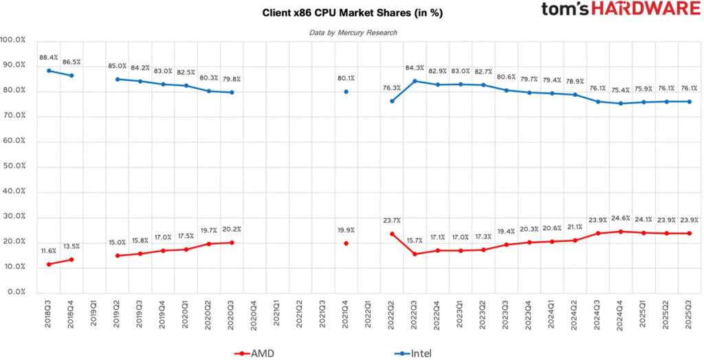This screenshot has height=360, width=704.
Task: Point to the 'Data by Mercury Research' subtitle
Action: point(353,32)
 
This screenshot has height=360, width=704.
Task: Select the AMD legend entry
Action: point(254,353)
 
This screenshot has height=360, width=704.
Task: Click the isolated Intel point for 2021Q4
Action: point(346,91)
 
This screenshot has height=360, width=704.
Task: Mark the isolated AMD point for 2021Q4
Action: point(346,243)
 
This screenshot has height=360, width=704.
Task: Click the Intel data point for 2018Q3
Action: point(49,71)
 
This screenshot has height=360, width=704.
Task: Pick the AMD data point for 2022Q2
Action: point(392,234)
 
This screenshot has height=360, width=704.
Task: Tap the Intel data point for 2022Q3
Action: point(415,81)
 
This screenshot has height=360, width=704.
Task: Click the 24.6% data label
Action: point(621,218)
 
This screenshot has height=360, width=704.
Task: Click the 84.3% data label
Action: point(415,67)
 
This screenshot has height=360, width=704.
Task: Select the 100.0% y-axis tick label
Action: point(12,41)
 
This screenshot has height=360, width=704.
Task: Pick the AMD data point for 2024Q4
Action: point(621,232)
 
